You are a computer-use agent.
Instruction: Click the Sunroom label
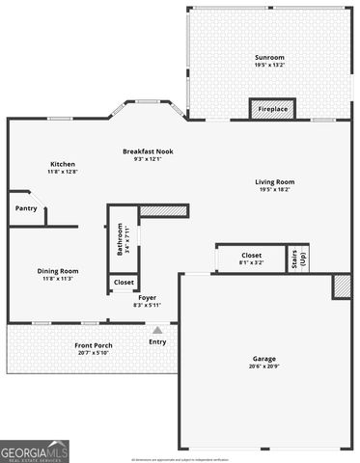[269, 58]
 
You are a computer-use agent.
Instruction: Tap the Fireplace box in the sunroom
[272, 109]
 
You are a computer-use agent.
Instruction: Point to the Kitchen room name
[63, 164]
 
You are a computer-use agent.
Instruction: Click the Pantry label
[25, 207]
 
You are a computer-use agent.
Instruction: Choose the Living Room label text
[275, 182]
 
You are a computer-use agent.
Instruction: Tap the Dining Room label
[58, 271]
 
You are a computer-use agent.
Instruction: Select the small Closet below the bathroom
[124, 283]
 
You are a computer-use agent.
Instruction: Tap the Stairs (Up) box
[297, 258]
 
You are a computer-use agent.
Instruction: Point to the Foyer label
[147, 298]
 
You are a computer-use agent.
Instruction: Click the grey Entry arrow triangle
[156, 330]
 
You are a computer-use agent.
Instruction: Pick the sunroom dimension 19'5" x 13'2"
[269, 65]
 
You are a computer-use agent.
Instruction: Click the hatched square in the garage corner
[342, 286]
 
